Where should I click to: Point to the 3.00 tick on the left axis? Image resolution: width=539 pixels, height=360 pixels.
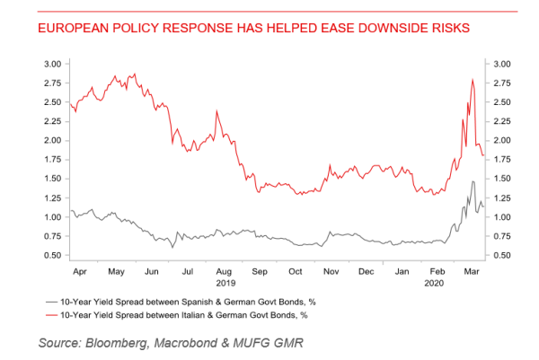click(x=51, y=64)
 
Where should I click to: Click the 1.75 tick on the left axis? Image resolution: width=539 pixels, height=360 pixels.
click(x=51, y=160)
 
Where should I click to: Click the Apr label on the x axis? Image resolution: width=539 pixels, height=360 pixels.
click(x=79, y=269)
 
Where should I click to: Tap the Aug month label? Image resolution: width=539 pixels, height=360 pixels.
click(x=224, y=269)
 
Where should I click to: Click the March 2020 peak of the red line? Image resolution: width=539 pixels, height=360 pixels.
click(x=473, y=80)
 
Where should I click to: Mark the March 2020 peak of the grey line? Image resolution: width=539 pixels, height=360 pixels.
click(x=473, y=182)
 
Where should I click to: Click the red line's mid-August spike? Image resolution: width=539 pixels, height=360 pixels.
click(x=216, y=111)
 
